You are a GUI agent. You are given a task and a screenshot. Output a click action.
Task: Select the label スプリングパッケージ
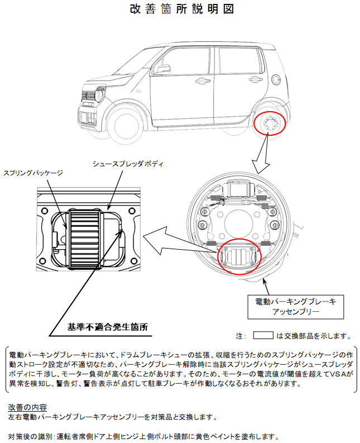click(x=33, y=173)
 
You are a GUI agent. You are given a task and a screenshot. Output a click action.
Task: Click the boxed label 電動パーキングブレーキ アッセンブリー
click(x=295, y=307)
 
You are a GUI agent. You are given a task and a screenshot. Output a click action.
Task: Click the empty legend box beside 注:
click(x=263, y=336)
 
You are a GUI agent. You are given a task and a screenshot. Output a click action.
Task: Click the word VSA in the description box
click(x=334, y=374)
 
